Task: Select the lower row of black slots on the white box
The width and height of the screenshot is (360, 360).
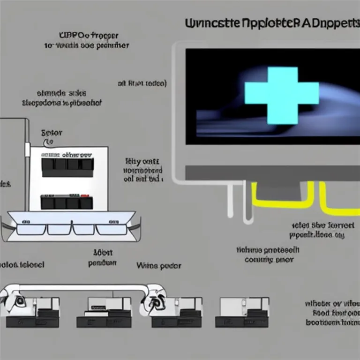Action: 67,202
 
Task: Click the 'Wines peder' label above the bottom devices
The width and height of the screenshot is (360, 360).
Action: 159,266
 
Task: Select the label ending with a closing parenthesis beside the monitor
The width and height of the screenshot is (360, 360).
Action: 142,84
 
